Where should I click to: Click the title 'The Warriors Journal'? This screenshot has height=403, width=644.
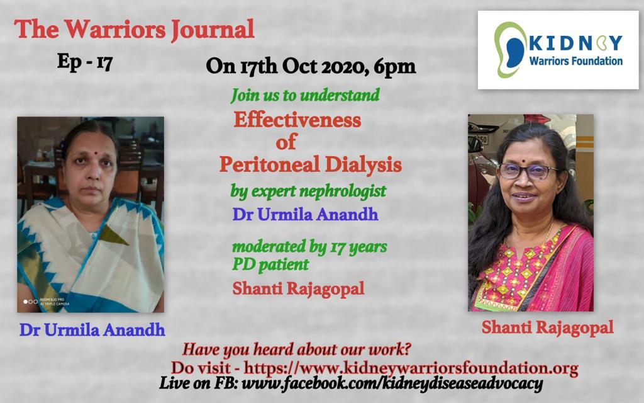tap(135, 30)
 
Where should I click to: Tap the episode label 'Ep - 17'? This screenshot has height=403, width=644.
tap(85, 62)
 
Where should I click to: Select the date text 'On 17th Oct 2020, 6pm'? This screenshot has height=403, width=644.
tap(311, 66)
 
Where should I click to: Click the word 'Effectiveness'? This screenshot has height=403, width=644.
tap(297, 120)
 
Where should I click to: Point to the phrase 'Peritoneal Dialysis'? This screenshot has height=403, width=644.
tap(311, 164)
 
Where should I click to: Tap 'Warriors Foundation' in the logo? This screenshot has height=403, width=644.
tap(576, 61)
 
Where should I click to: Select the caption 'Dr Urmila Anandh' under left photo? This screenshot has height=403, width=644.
tap(92, 330)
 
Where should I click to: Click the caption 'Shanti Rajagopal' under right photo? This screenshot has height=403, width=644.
tap(548, 327)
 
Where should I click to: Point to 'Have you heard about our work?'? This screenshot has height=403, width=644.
tap(297, 349)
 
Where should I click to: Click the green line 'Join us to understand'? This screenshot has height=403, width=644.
tap(305, 95)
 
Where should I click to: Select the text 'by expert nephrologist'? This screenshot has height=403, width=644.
tap(308, 191)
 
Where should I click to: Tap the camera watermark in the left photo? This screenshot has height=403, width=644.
tap(47, 302)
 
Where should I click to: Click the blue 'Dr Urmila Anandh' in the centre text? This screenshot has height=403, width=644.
tap(305, 214)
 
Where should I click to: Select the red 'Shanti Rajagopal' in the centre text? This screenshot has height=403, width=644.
tap(298, 288)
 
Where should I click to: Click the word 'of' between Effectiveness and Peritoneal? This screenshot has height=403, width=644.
tap(286, 142)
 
